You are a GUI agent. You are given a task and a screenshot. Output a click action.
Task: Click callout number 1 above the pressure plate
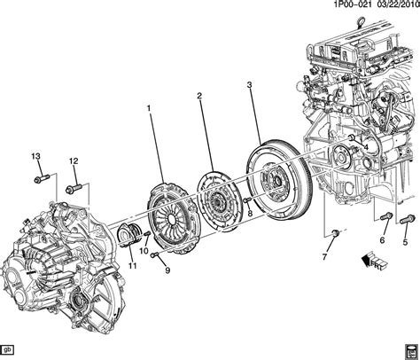click(x=149, y=109)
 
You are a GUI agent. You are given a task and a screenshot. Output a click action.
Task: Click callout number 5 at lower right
click(x=406, y=240)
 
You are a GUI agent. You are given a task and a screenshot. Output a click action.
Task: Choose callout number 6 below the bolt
click(x=383, y=240)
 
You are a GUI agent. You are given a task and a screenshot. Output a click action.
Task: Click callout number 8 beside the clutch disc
click(x=250, y=212)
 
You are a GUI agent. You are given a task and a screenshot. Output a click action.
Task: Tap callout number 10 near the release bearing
click(x=144, y=252)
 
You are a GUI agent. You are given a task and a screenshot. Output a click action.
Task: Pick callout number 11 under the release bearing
click(x=132, y=266)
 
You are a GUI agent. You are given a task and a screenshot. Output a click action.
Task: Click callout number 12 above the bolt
click(x=74, y=160)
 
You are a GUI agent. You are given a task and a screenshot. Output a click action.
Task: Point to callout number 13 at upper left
click(x=37, y=157)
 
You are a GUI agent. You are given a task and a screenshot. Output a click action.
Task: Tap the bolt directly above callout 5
click(x=407, y=216)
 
